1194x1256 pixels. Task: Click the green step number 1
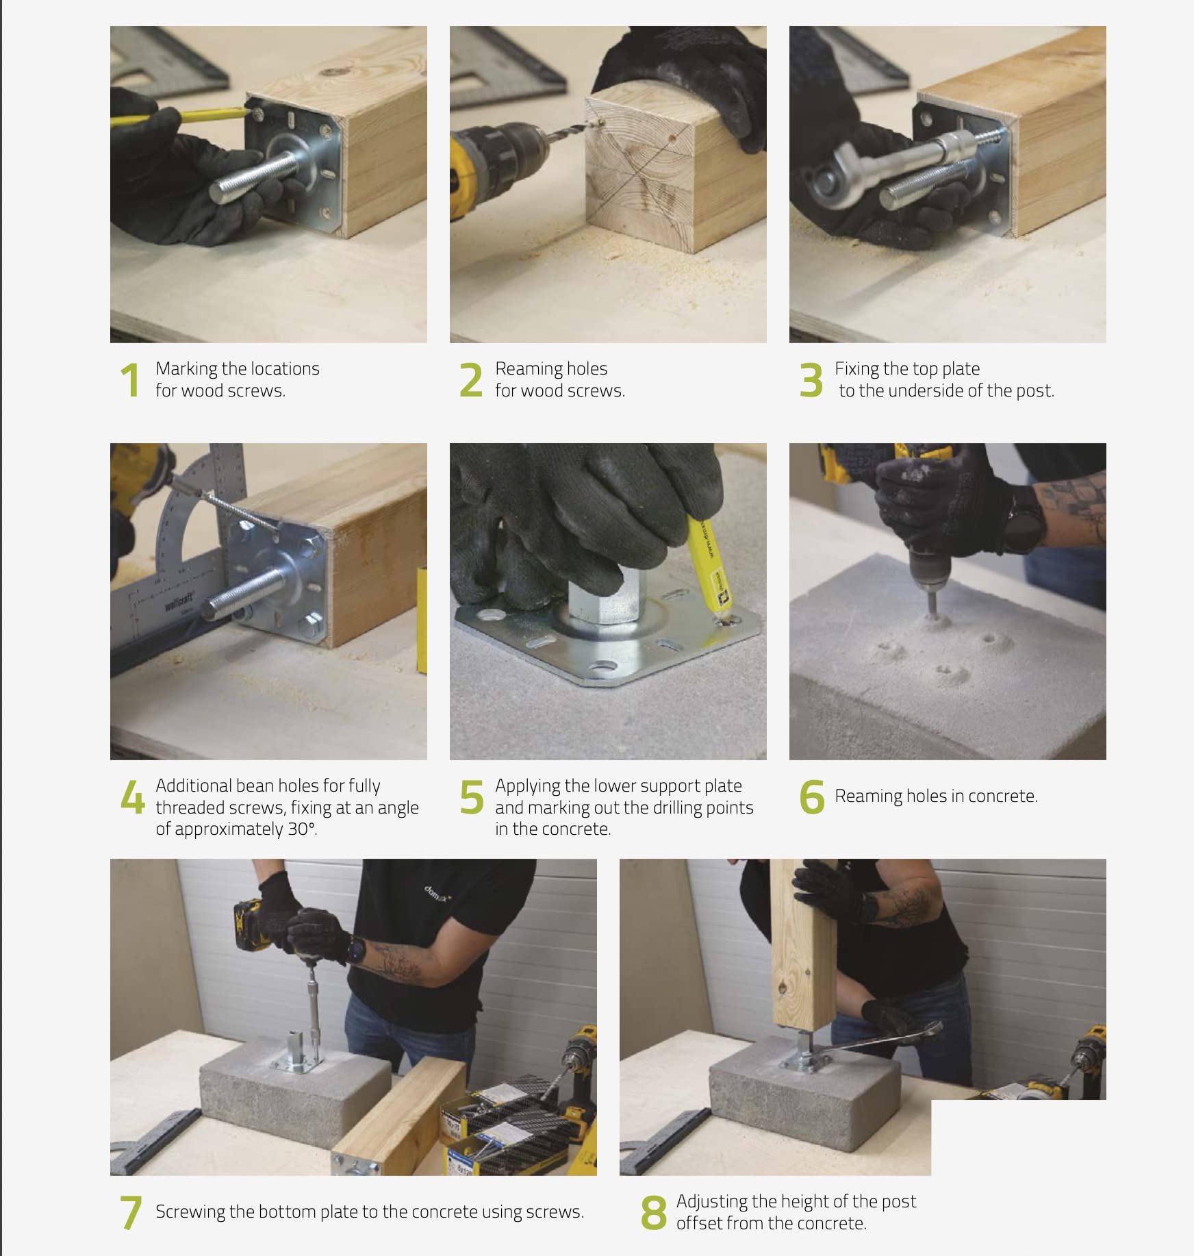click(x=129, y=380)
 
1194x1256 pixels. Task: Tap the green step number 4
click(x=132, y=796)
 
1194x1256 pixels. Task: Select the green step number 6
click(x=812, y=796)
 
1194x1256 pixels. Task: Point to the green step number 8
click(x=653, y=1213)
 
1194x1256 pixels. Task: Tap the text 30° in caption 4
click(x=301, y=829)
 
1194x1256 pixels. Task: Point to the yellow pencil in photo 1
click(x=179, y=115)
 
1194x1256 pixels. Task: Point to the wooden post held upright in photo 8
click(x=803, y=945)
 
